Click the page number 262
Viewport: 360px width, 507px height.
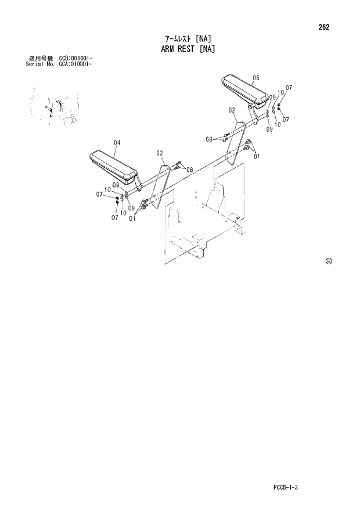point(323,27)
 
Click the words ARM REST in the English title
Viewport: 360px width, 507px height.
point(171,49)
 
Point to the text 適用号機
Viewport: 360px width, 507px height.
point(40,59)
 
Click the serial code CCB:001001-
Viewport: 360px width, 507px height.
point(76,59)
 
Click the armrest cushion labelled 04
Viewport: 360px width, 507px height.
point(113,165)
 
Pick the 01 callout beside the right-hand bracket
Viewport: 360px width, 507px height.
point(256,156)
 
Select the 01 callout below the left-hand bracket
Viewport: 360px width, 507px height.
point(133,219)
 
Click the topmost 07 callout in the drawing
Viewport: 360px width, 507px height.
point(289,88)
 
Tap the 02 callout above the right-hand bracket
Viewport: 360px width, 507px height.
point(231,110)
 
